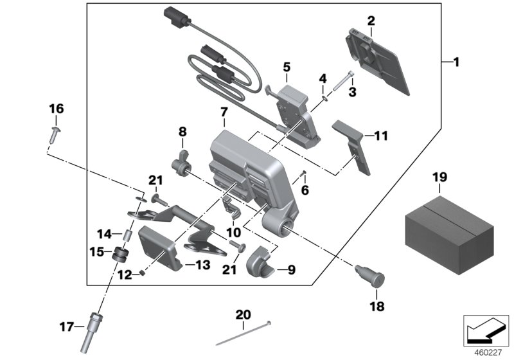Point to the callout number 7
pos(223,113)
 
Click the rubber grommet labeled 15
pos(118,255)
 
